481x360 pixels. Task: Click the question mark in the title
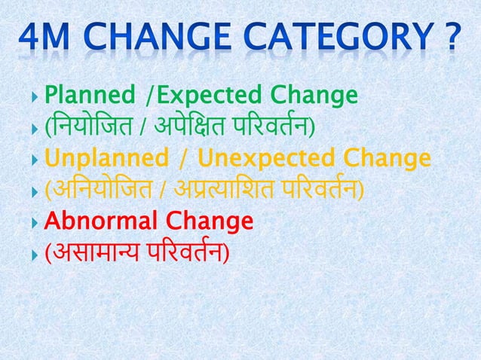(x=451, y=38)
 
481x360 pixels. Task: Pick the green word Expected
(x=201, y=96)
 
